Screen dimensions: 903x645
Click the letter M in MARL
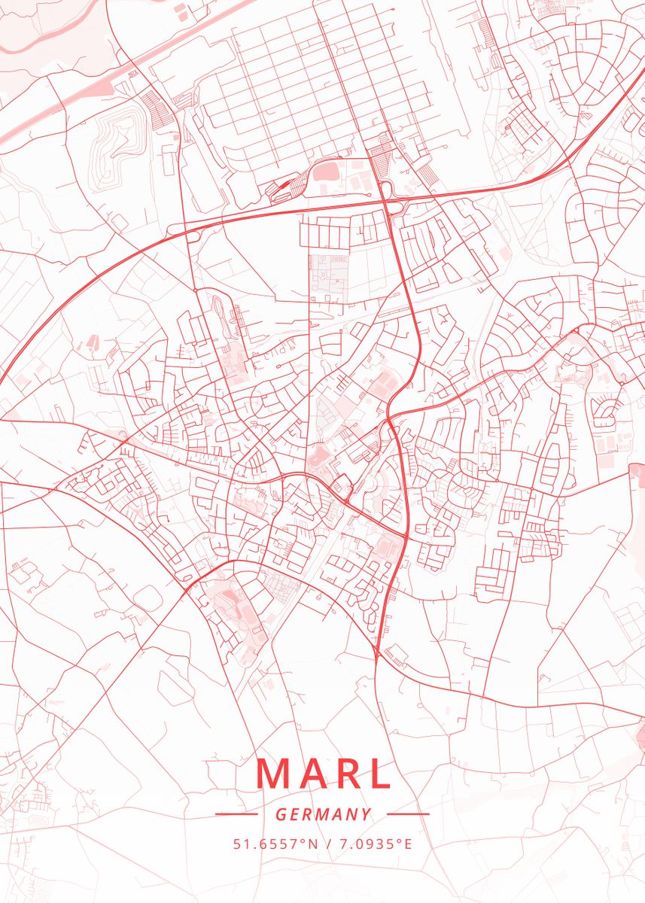[x=273, y=773]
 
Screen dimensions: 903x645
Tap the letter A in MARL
[x=313, y=773]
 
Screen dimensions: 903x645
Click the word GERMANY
[x=323, y=814]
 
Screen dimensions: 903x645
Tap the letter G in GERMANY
[x=280, y=814]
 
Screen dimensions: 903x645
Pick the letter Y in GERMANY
[x=367, y=814]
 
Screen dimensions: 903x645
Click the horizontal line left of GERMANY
[x=236, y=814]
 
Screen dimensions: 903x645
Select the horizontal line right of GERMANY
[x=408, y=814]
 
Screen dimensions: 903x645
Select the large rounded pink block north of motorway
[x=327, y=172]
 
